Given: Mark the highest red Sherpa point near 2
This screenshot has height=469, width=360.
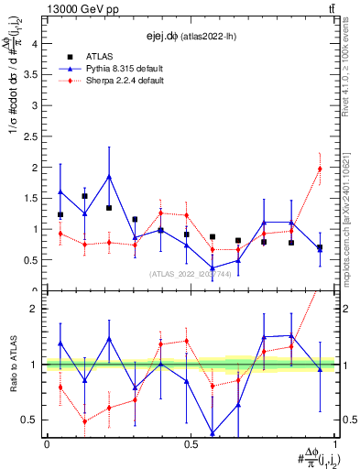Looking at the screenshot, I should [320, 169].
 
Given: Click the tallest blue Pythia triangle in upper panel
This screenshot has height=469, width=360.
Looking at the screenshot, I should [109, 177].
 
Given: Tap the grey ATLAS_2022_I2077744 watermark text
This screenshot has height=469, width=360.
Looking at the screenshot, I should [191, 274].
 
